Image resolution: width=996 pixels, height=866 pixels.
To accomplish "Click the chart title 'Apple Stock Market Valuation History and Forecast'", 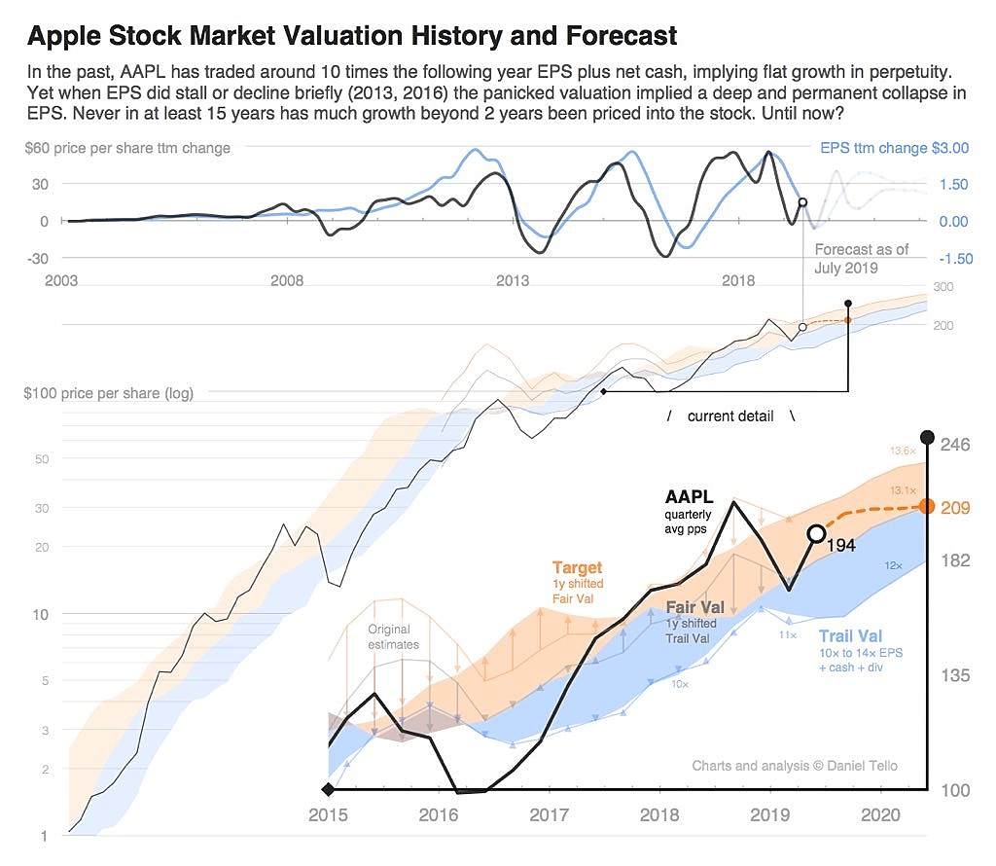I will click(351, 37).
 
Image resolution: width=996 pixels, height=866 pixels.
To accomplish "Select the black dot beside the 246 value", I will click(927, 437).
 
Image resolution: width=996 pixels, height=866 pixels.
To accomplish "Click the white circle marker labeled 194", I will click(816, 533).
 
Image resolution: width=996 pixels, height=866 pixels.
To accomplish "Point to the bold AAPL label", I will click(689, 497).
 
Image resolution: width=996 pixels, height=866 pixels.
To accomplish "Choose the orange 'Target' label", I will click(577, 567).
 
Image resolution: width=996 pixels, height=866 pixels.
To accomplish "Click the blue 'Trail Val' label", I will click(857, 636).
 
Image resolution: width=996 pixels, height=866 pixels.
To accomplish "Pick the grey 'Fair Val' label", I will click(694, 607).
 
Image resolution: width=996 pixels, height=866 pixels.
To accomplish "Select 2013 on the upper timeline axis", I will click(513, 281).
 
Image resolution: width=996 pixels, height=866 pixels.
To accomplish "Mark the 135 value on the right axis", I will click(955, 675).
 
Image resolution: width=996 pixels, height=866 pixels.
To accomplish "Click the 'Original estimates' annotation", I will click(394, 636).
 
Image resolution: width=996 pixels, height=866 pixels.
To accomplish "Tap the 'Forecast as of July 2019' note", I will click(861, 258).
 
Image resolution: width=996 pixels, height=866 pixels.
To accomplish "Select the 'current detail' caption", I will click(730, 416).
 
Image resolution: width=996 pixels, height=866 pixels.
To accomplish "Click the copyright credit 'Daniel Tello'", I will click(795, 766).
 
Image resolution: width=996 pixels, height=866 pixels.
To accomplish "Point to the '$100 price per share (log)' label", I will click(108, 393).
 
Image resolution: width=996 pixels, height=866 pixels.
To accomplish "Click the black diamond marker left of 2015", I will click(328, 789).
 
